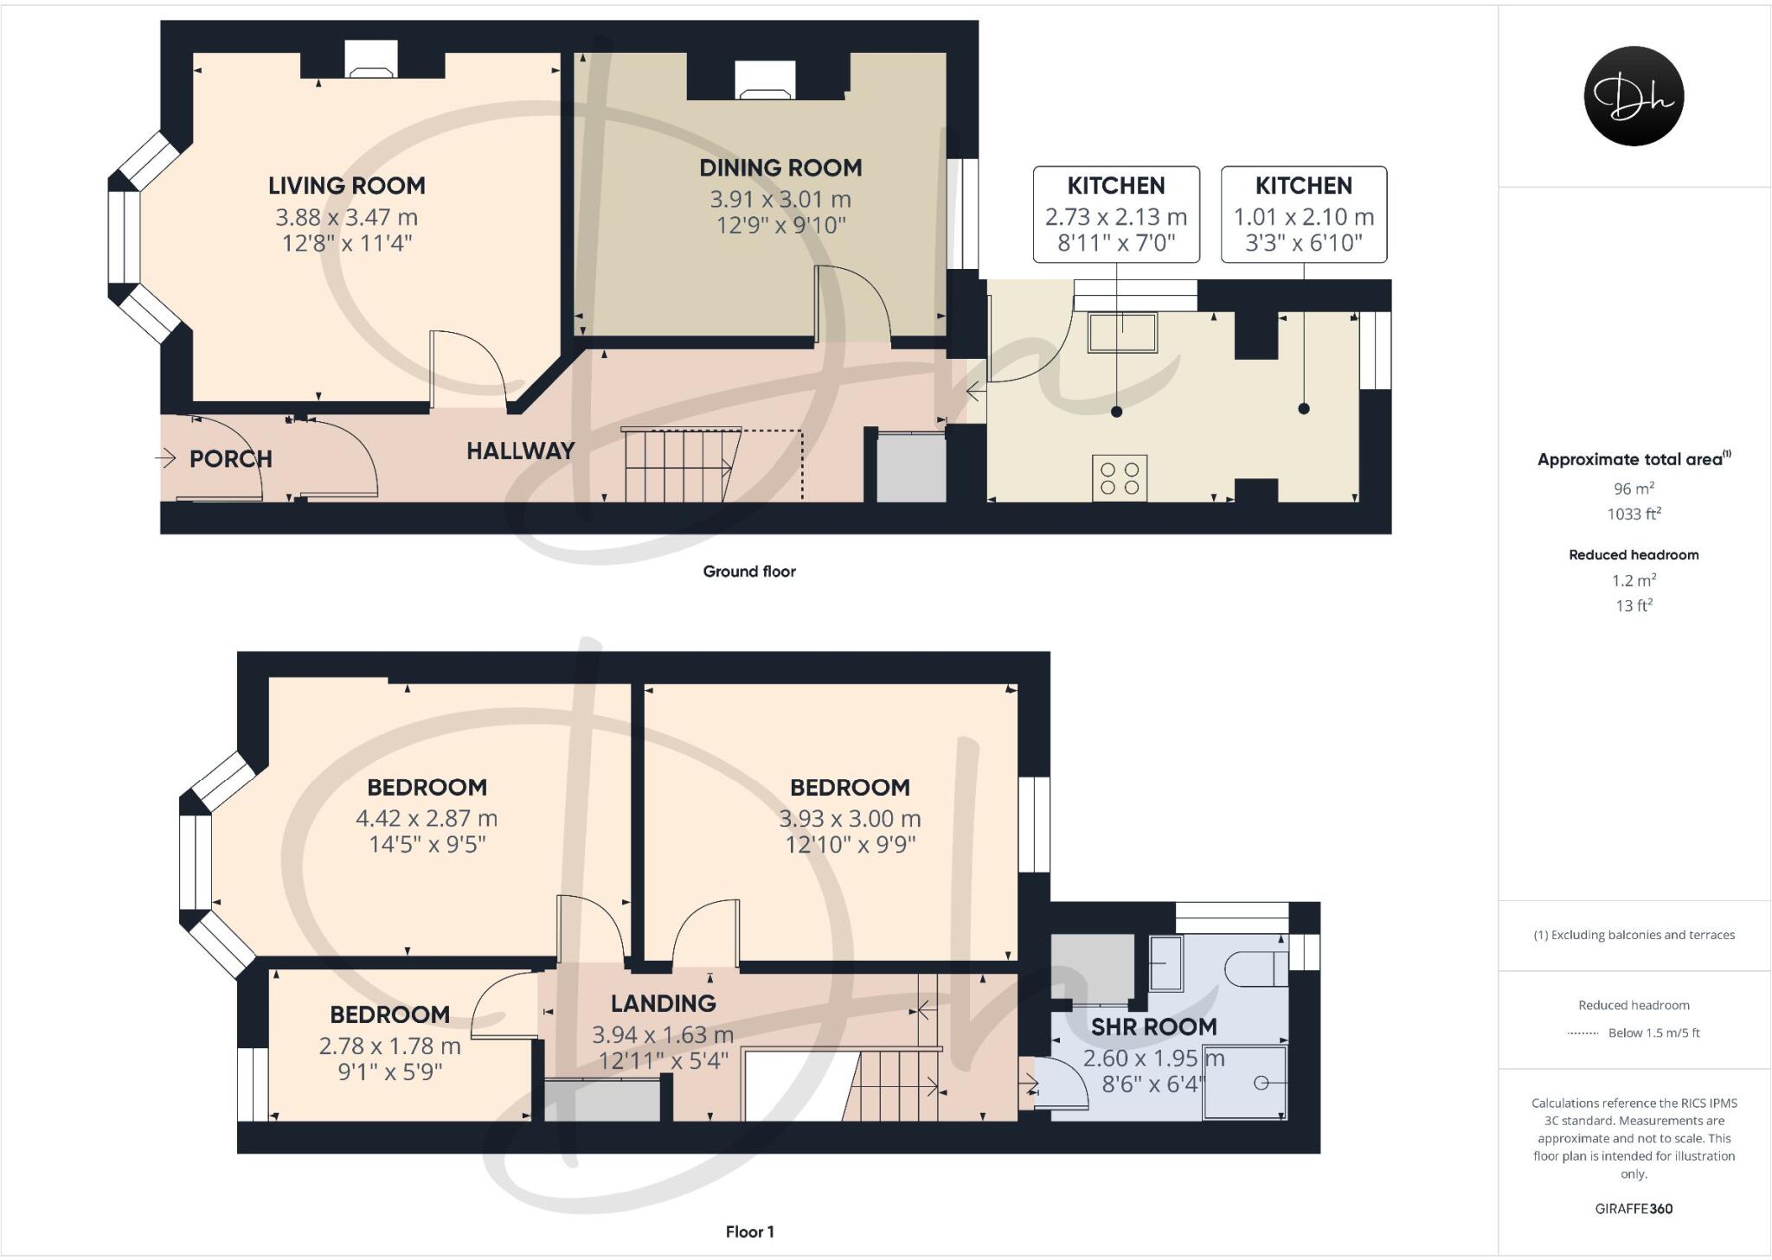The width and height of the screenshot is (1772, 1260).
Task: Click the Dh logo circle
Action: pyautogui.click(x=1634, y=96)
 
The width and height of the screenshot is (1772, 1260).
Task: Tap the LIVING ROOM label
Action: pyautogui.click(x=346, y=186)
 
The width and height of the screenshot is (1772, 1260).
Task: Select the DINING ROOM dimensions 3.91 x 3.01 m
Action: pyautogui.click(x=780, y=200)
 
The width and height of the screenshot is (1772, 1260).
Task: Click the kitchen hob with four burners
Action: pyautogui.click(x=1120, y=478)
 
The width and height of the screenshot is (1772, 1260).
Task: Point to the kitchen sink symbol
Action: pyautogui.click(x=1123, y=333)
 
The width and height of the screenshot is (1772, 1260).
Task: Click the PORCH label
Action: pyautogui.click(x=230, y=459)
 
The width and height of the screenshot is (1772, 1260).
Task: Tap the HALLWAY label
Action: pyautogui.click(x=520, y=451)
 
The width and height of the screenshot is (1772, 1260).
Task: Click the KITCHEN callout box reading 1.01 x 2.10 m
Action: pyautogui.click(x=1303, y=214)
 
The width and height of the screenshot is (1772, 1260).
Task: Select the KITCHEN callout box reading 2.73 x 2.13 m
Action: pyautogui.click(x=1116, y=214)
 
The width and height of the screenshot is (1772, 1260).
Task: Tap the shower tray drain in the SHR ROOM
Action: pyautogui.click(x=1262, y=1083)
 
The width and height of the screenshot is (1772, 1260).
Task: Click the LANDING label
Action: pyautogui.click(x=663, y=1003)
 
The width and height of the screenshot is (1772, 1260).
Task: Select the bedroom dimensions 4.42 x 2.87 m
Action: pyautogui.click(x=427, y=818)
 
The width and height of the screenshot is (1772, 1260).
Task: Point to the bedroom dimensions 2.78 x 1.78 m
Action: pyautogui.click(x=389, y=1046)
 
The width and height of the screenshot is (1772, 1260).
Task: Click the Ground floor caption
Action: pyautogui.click(x=749, y=572)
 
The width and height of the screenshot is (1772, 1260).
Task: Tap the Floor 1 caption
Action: pyautogui.click(x=749, y=1231)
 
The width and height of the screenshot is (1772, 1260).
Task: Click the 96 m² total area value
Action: pyautogui.click(x=1634, y=489)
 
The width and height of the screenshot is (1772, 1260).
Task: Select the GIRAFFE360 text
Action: pyautogui.click(x=1634, y=1209)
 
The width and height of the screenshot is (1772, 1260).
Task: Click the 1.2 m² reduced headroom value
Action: pyautogui.click(x=1634, y=580)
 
